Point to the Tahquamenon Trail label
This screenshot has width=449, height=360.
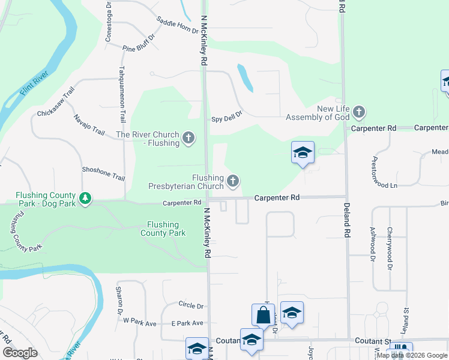(x=122, y=94)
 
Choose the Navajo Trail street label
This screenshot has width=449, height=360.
(x=89, y=124)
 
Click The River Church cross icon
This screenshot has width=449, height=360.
(x=188, y=139)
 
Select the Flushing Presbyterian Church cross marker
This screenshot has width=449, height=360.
(x=233, y=180)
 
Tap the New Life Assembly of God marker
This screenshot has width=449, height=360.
(x=359, y=112)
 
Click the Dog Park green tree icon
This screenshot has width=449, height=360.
(x=85, y=199)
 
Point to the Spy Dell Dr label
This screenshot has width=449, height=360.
(x=226, y=119)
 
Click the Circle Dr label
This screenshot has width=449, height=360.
(x=191, y=305)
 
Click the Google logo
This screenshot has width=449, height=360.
(x=20, y=353)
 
